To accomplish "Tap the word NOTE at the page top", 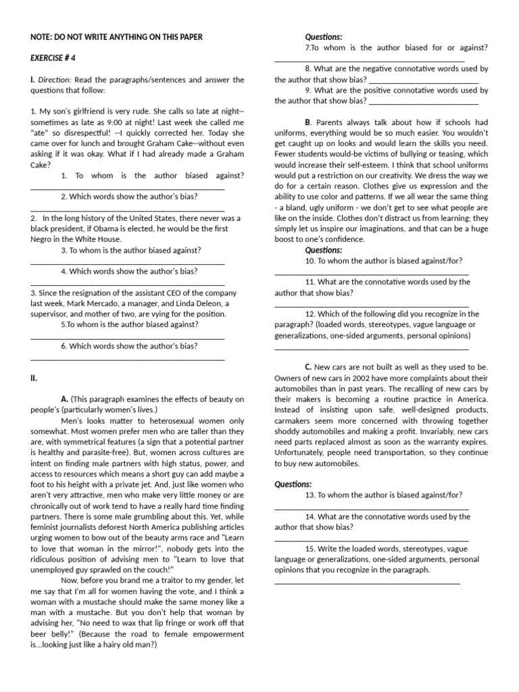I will click(43, 36).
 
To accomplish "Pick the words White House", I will click(100, 239).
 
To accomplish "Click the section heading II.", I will click(34, 378).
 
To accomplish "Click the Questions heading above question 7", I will click(324, 36).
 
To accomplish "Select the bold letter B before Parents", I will click(308, 122).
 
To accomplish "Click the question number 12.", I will click(310, 314).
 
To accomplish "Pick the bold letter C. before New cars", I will click(308, 367).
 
